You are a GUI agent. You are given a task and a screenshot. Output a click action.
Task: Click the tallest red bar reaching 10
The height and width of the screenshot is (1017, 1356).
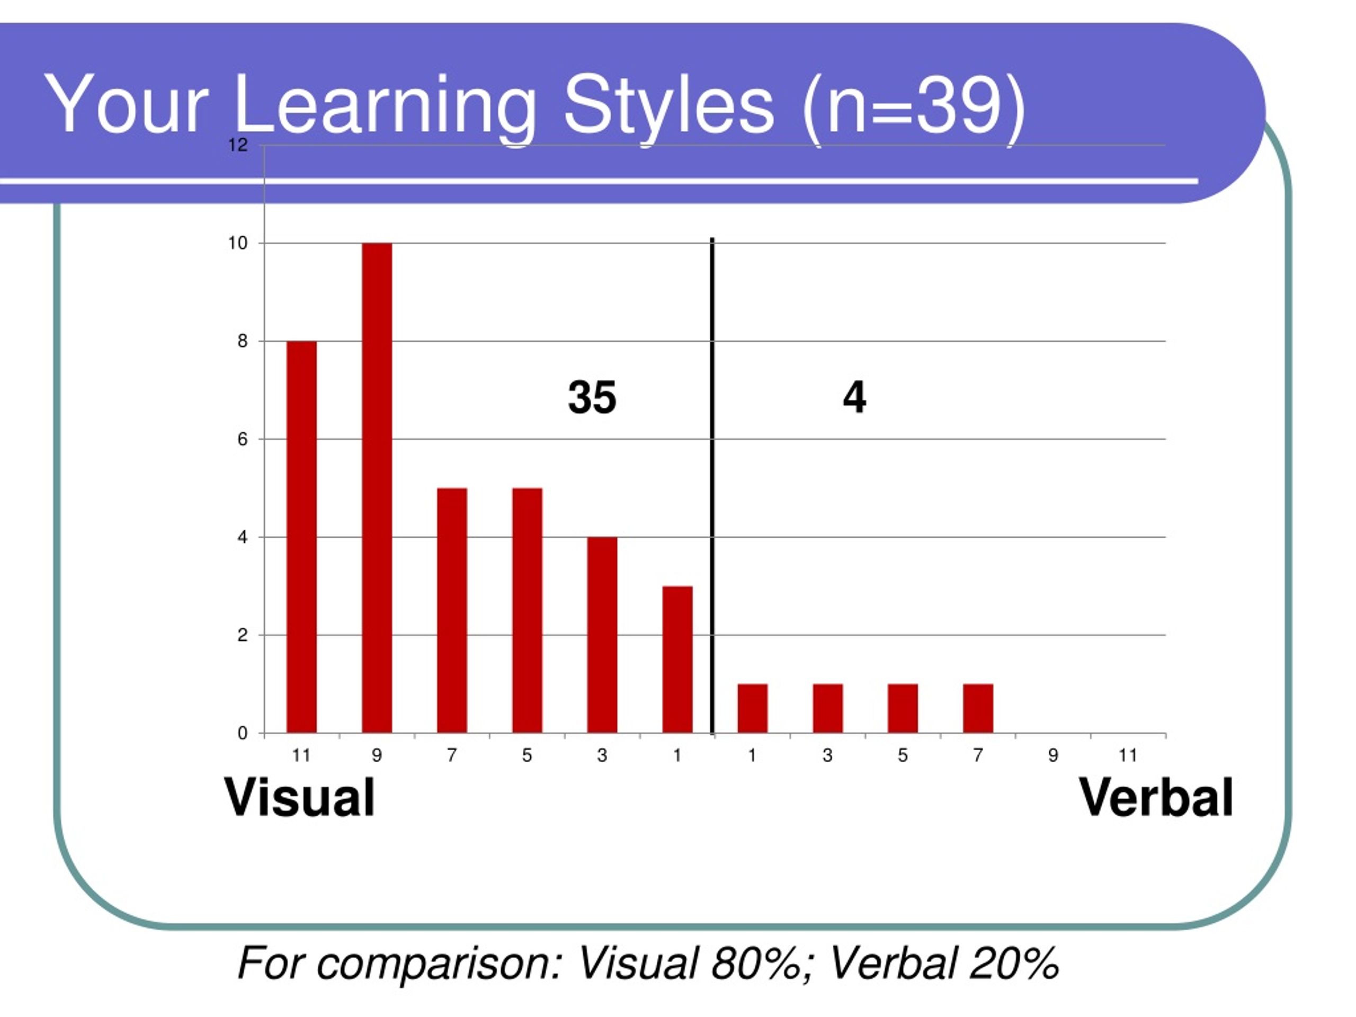(x=377, y=488)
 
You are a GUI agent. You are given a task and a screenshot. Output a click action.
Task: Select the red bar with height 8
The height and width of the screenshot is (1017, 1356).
(x=301, y=537)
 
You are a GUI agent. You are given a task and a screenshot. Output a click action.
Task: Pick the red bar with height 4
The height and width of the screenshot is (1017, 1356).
(x=602, y=635)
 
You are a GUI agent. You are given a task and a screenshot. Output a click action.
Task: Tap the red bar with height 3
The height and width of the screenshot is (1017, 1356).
(x=677, y=659)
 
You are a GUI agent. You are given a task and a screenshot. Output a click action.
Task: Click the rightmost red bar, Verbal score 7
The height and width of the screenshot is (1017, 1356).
(x=978, y=709)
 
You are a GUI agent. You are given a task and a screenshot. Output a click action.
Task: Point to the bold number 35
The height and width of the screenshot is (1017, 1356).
(x=592, y=397)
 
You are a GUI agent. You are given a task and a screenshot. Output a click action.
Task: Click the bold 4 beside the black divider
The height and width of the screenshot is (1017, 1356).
(x=854, y=397)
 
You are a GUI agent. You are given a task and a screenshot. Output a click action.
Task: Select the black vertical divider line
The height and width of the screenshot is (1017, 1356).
(x=712, y=486)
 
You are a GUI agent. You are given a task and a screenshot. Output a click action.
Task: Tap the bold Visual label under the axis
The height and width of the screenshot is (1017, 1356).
(x=299, y=798)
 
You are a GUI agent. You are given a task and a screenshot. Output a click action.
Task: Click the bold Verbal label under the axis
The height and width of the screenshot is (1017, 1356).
(x=1156, y=798)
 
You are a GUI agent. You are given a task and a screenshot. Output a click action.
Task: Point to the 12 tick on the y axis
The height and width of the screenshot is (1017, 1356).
(x=238, y=145)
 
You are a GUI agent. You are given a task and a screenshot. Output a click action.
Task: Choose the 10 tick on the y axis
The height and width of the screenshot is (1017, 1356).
(x=238, y=243)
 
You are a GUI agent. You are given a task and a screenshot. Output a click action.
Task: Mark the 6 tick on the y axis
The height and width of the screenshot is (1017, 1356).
(x=243, y=440)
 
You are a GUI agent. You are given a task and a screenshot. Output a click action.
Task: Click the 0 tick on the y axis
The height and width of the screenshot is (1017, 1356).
(x=243, y=733)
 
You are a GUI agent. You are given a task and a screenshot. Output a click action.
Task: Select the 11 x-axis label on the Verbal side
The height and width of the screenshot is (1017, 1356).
(x=1128, y=755)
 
